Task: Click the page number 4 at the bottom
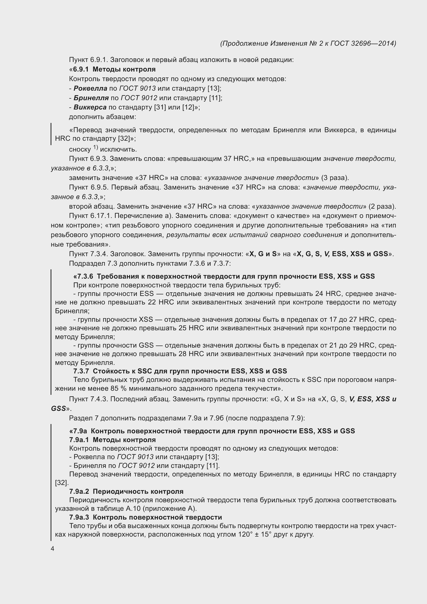click(53, 549)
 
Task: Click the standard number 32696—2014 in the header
click(373, 43)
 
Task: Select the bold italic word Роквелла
click(90, 88)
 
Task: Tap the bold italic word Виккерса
click(90, 107)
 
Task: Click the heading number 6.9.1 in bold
click(81, 69)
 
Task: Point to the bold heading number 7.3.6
click(83, 277)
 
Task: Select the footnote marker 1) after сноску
click(95, 148)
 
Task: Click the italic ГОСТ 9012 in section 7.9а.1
click(137, 466)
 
